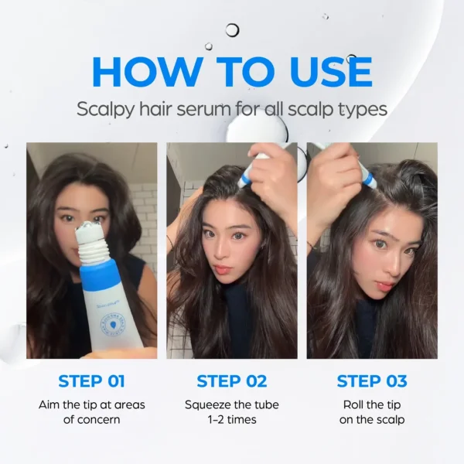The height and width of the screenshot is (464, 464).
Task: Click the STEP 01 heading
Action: [91, 380]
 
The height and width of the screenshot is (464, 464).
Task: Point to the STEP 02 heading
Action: [231, 380]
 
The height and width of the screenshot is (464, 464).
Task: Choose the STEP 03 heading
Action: [373, 380]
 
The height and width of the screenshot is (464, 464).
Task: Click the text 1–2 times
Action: [232, 420]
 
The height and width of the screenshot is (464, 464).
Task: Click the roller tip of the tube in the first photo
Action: [91, 230]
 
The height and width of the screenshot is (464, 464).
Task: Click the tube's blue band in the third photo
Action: [369, 180]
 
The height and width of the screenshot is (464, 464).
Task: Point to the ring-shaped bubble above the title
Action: [232, 30]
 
